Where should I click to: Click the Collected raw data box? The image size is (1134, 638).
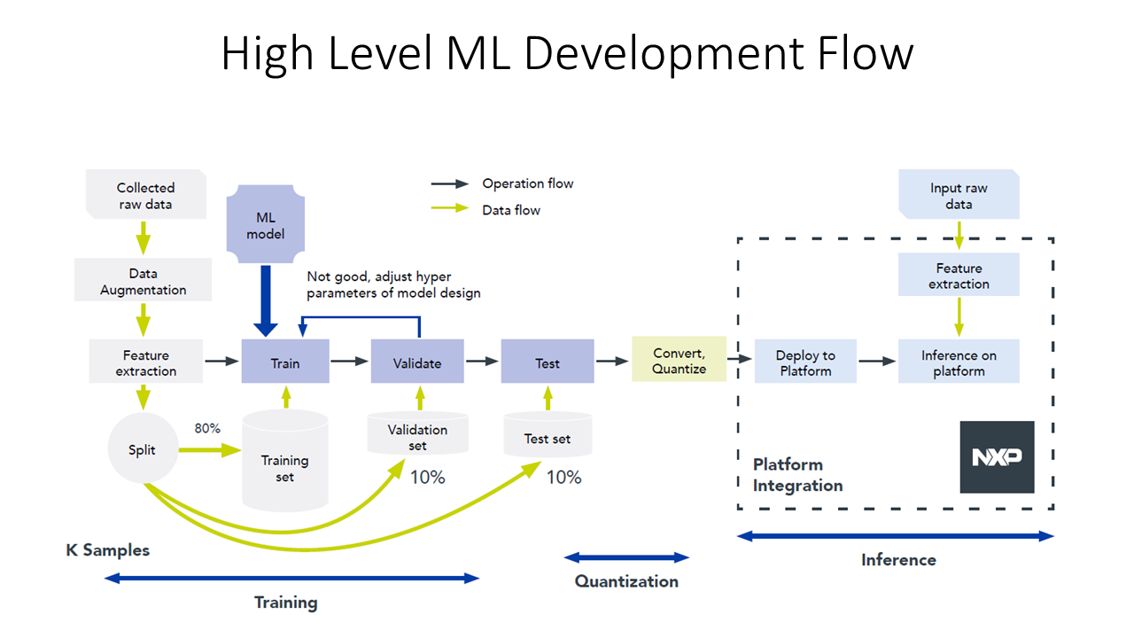click(145, 196)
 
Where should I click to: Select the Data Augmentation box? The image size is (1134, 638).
click(143, 281)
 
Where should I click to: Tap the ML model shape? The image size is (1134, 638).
click(265, 225)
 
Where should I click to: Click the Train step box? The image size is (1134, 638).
click(285, 362)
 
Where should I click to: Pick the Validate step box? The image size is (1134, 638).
click(416, 362)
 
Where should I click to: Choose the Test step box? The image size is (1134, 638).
click(547, 362)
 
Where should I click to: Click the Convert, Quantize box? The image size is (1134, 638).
click(679, 360)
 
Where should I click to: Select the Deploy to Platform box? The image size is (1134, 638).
click(805, 362)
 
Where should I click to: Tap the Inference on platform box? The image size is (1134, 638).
click(959, 362)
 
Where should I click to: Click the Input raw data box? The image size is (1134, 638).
click(959, 196)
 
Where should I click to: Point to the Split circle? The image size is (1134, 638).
click(142, 449)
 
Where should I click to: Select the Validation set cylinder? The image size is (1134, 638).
click(417, 434)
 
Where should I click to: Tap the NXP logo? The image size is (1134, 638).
click(997, 456)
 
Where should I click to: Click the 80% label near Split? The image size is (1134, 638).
click(207, 428)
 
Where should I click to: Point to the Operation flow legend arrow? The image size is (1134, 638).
click(449, 184)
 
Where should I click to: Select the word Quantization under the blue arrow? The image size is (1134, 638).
click(626, 581)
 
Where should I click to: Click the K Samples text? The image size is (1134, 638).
click(107, 550)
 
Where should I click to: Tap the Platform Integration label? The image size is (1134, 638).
click(797, 475)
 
